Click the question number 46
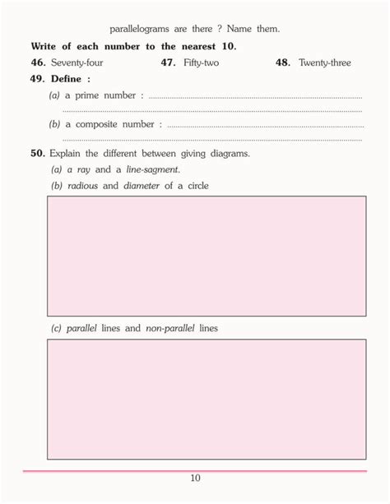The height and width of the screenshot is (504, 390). (38, 62)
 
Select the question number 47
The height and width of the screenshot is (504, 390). (168, 62)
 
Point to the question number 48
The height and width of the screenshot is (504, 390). (283, 62)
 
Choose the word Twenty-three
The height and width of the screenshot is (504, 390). (325, 62)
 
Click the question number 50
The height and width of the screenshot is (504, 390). (38, 153)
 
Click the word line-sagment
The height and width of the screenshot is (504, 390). (153, 169)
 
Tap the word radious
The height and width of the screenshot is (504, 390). (82, 186)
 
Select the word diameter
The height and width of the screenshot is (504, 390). (142, 186)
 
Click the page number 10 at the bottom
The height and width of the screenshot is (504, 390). (195, 479)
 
